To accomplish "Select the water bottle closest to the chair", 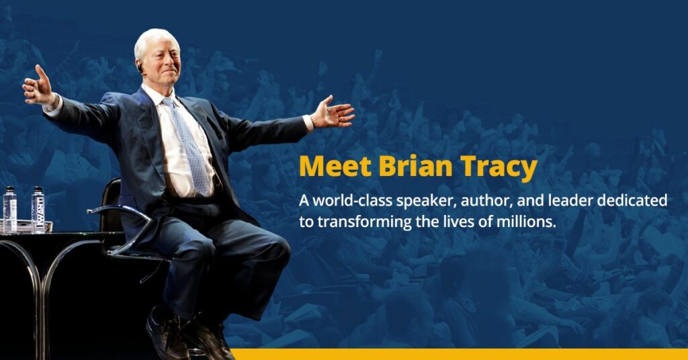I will (38, 210).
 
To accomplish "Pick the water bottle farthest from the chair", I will (10, 209).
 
